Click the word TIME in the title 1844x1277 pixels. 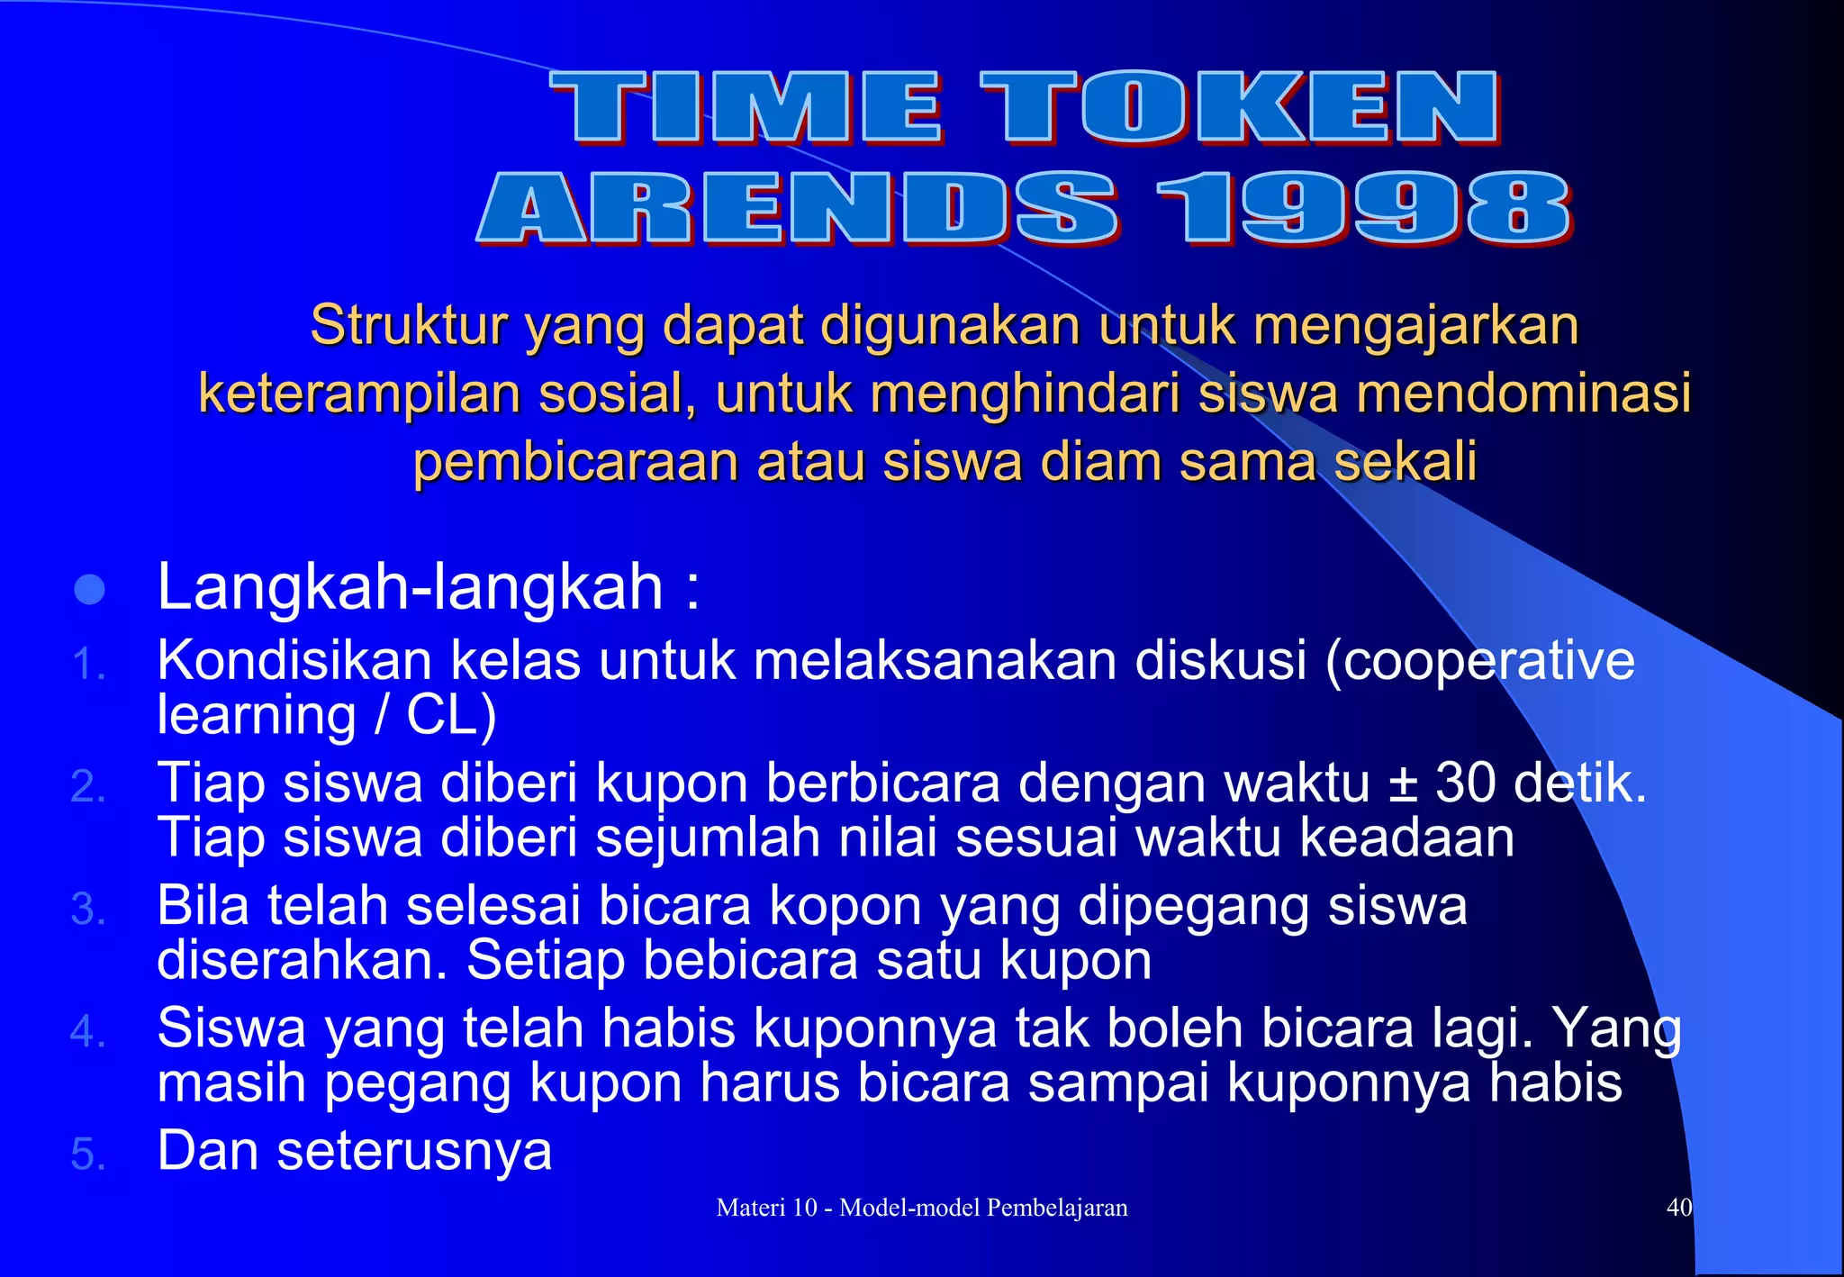[746, 108]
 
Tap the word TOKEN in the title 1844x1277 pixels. [1239, 108]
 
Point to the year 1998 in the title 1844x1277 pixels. [1363, 209]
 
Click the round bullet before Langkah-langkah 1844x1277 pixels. [90, 590]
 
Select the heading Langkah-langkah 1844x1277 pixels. [411, 587]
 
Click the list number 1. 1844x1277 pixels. [87, 666]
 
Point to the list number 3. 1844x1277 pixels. [87, 910]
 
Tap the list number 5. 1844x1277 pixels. [87, 1155]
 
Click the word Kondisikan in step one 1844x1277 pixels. [295, 660]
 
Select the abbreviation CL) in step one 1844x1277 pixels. [451, 716]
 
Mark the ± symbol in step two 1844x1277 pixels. [1403, 783]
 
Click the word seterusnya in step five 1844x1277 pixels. [414, 1151]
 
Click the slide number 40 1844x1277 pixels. [1678, 1208]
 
